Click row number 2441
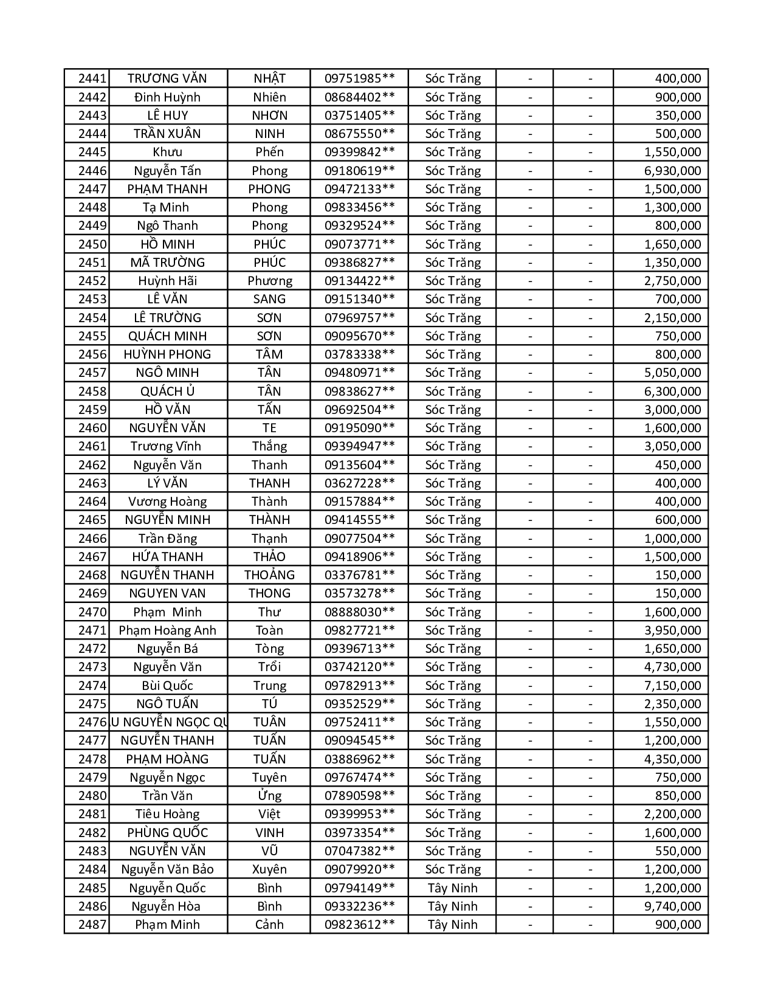pyautogui.click(x=92, y=78)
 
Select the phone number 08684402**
pyautogui.click(x=359, y=97)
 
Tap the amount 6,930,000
pyautogui.click(x=672, y=171)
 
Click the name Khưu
pyautogui.click(x=168, y=152)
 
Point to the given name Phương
pyautogui.click(x=269, y=281)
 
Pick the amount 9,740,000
pyautogui.click(x=672, y=906)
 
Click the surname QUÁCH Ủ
pyautogui.click(x=168, y=391)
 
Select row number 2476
pyautogui.click(x=92, y=722)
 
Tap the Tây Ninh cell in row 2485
pyautogui.click(x=452, y=888)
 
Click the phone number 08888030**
pyautogui.click(x=359, y=612)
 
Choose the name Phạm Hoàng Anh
pyautogui.click(x=168, y=630)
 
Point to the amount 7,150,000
pyautogui.click(x=672, y=686)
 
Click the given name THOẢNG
pyautogui.click(x=269, y=575)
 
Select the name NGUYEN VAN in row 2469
pyautogui.click(x=168, y=593)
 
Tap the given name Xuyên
pyautogui.click(x=269, y=869)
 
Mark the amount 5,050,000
pyautogui.click(x=672, y=373)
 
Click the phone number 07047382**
pyautogui.click(x=359, y=851)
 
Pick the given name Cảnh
pyautogui.click(x=269, y=925)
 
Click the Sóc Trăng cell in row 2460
pyautogui.click(x=452, y=428)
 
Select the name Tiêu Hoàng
pyautogui.click(x=168, y=814)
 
